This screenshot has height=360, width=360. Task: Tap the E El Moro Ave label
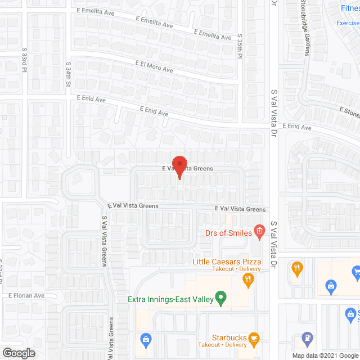tap(154, 67)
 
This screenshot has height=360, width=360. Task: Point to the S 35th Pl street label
tap(240, 46)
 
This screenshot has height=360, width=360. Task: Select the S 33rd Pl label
tap(25, 61)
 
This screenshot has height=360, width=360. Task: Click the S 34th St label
tap(68, 74)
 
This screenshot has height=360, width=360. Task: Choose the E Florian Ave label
tap(26, 295)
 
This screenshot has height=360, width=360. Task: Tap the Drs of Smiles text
tap(228, 233)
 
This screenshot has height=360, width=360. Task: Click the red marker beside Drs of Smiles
tap(259, 230)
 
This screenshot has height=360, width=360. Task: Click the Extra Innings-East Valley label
tap(170, 300)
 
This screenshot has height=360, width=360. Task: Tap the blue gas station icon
tap(308, 338)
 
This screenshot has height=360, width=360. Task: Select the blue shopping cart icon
tap(355, 273)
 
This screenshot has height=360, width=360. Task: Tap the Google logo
tap(18, 353)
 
